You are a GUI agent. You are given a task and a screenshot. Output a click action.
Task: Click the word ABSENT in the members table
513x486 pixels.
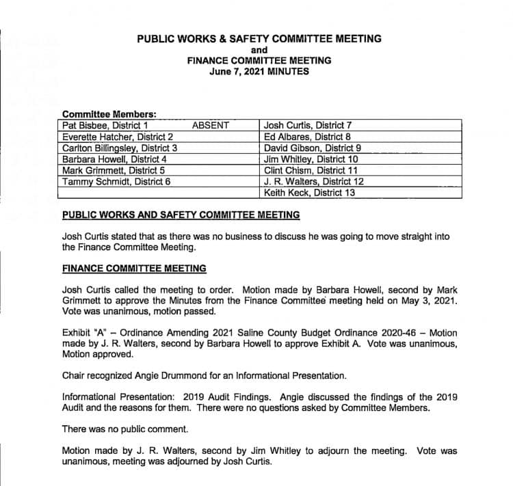211,125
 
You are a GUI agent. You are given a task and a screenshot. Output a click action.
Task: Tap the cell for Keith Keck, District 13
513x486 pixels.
309,193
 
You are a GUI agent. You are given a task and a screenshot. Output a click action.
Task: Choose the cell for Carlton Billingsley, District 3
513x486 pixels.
120,148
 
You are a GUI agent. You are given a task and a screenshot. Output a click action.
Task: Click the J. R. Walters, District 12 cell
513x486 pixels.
313,182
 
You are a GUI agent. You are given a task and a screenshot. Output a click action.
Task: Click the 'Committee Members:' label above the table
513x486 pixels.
109,114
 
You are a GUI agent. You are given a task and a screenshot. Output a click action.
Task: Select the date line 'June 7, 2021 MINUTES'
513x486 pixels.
259,70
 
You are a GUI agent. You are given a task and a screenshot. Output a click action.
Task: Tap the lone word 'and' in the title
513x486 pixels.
259,49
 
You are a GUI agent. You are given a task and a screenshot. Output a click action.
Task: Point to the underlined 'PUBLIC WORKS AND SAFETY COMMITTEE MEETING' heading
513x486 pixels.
181,215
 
